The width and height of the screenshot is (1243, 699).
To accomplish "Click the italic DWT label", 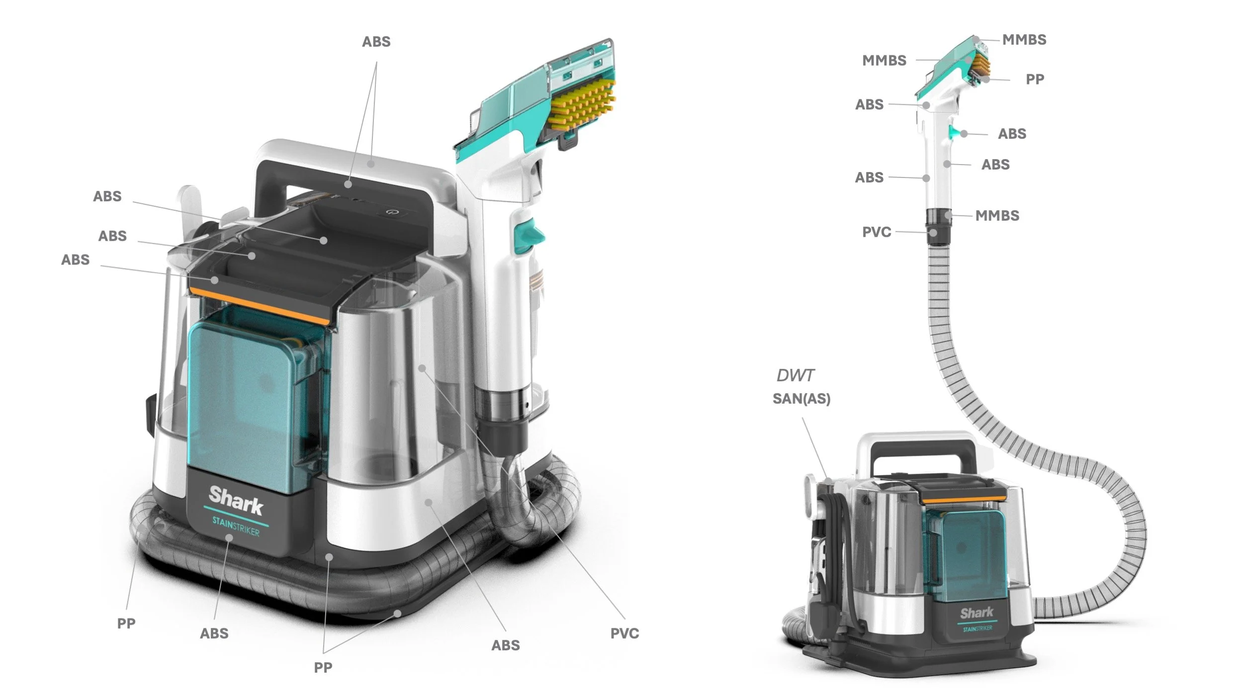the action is coord(796,375).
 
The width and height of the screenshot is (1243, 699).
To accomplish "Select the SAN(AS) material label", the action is coord(801,399).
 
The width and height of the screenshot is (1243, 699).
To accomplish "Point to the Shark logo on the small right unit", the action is coord(977,613).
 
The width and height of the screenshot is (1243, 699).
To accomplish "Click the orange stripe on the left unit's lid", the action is coord(259,306).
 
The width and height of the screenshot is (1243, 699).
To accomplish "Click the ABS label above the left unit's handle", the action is coord(376,42).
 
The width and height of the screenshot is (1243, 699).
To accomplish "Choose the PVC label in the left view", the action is coord(625,633).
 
